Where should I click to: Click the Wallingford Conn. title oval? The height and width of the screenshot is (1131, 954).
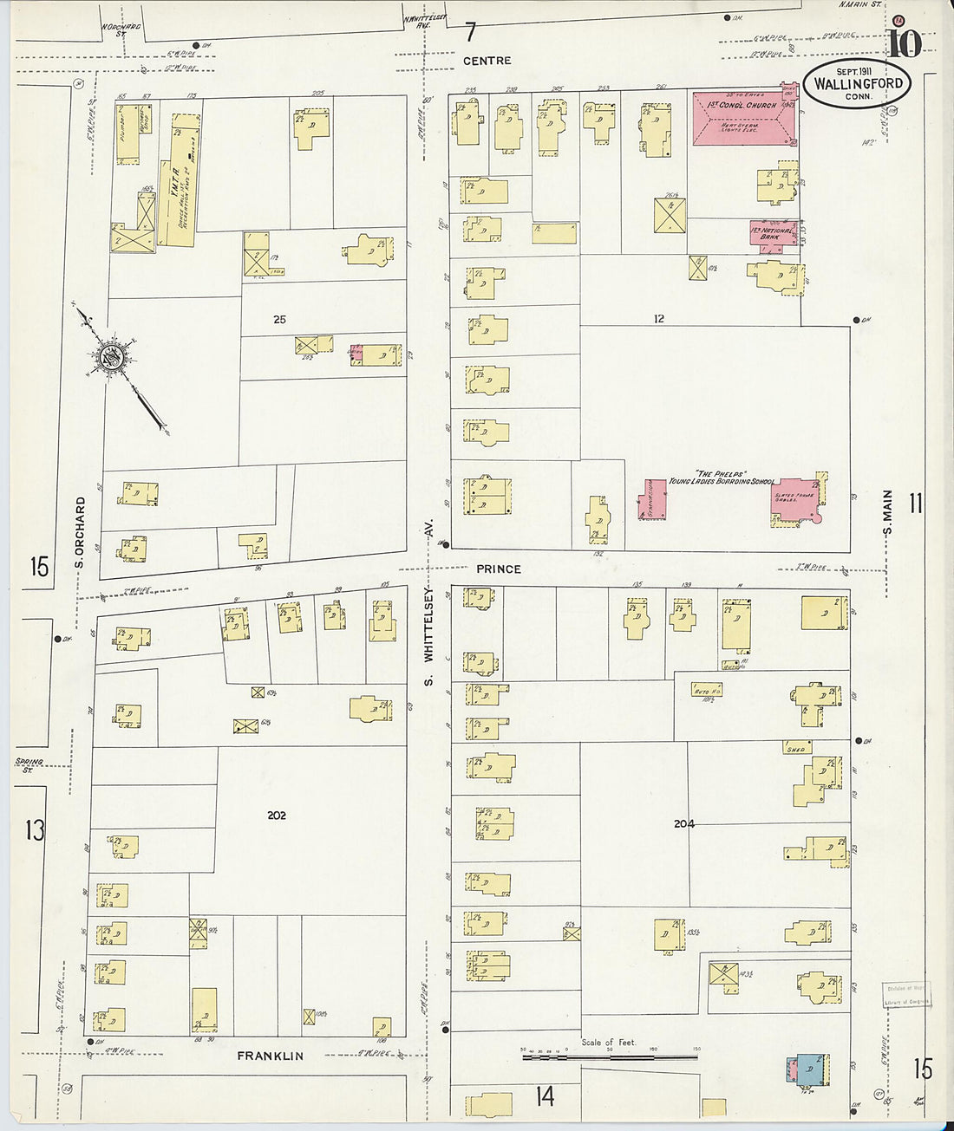[858, 83]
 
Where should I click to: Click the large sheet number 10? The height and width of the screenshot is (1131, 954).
[903, 42]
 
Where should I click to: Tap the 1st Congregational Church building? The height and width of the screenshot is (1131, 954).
[744, 117]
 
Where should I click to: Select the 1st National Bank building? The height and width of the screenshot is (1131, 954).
[773, 231]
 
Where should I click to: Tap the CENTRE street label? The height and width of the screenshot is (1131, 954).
[487, 61]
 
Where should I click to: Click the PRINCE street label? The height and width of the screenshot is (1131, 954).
[499, 569]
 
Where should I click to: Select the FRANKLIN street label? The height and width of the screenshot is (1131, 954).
[271, 1056]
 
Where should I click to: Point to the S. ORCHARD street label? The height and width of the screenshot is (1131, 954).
[80, 532]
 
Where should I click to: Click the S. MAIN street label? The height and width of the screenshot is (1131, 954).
[887, 513]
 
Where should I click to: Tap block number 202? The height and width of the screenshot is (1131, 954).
[277, 816]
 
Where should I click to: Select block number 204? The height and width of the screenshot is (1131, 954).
[684, 823]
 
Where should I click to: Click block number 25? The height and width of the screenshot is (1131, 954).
[279, 320]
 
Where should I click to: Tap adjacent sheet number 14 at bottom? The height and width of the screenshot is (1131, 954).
[544, 1096]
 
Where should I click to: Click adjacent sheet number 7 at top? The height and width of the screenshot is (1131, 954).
[470, 33]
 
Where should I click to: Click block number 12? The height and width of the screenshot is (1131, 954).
[659, 319]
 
